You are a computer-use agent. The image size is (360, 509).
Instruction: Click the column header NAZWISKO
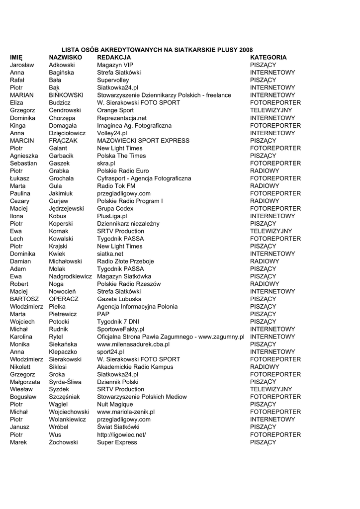65,57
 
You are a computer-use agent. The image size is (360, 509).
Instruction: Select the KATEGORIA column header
268,57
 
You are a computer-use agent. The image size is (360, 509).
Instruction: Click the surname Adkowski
62,65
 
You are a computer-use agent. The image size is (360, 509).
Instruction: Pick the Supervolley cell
113,80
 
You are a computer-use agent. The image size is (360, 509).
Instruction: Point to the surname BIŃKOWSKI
66,95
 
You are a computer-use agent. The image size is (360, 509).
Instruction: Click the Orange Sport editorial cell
115,110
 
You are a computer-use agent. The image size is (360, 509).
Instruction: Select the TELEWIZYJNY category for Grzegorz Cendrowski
271,110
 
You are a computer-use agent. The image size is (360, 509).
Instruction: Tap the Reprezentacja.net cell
122,118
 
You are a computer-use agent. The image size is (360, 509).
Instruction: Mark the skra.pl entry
106,163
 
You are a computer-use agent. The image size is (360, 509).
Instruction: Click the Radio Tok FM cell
116,186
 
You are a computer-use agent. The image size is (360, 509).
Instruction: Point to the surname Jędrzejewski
66,208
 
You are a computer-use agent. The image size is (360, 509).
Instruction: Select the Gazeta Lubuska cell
119,299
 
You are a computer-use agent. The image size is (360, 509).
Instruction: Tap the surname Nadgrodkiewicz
70,276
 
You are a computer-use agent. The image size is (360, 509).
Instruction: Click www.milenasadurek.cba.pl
133,344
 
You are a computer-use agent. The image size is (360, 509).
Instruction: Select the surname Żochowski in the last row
63,442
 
